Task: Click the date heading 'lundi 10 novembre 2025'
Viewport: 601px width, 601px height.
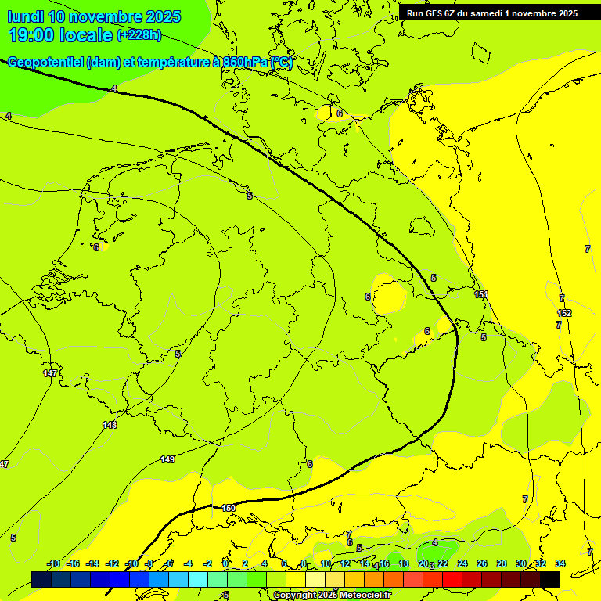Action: (x=94, y=16)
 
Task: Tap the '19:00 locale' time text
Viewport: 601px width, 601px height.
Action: (x=59, y=34)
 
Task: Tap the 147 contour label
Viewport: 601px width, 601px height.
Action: (x=50, y=373)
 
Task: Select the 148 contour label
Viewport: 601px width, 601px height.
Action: (x=110, y=425)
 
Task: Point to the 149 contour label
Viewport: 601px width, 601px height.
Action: (x=167, y=459)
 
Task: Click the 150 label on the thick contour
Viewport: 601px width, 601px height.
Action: (x=229, y=508)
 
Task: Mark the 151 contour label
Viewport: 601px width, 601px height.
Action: (x=481, y=294)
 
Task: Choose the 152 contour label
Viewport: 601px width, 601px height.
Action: (x=565, y=313)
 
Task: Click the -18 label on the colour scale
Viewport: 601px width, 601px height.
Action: (x=53, y=563)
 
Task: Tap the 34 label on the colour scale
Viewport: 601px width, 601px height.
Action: (x=560, y=563)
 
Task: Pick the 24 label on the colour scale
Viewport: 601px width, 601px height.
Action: (x=462, y=563)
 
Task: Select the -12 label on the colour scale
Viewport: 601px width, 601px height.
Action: (x=112, y=563)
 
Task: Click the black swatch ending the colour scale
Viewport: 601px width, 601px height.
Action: (x=550, y=579)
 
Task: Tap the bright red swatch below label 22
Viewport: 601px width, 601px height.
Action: (x=452, y=579)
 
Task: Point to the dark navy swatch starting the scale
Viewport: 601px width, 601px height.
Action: (x=41, y=579)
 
